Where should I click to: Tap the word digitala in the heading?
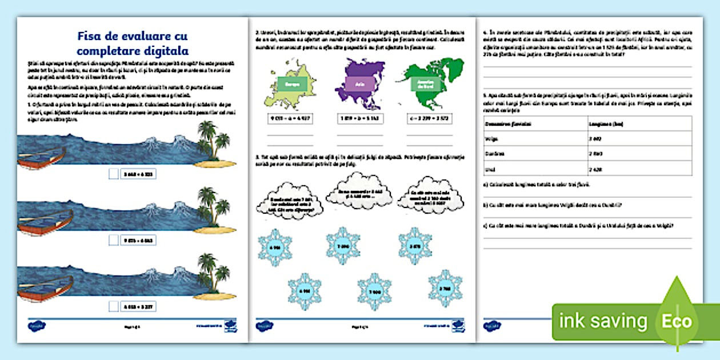coord(166,50)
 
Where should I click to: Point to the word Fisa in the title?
coord(90,37)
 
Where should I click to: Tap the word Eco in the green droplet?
coord(677,321)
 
